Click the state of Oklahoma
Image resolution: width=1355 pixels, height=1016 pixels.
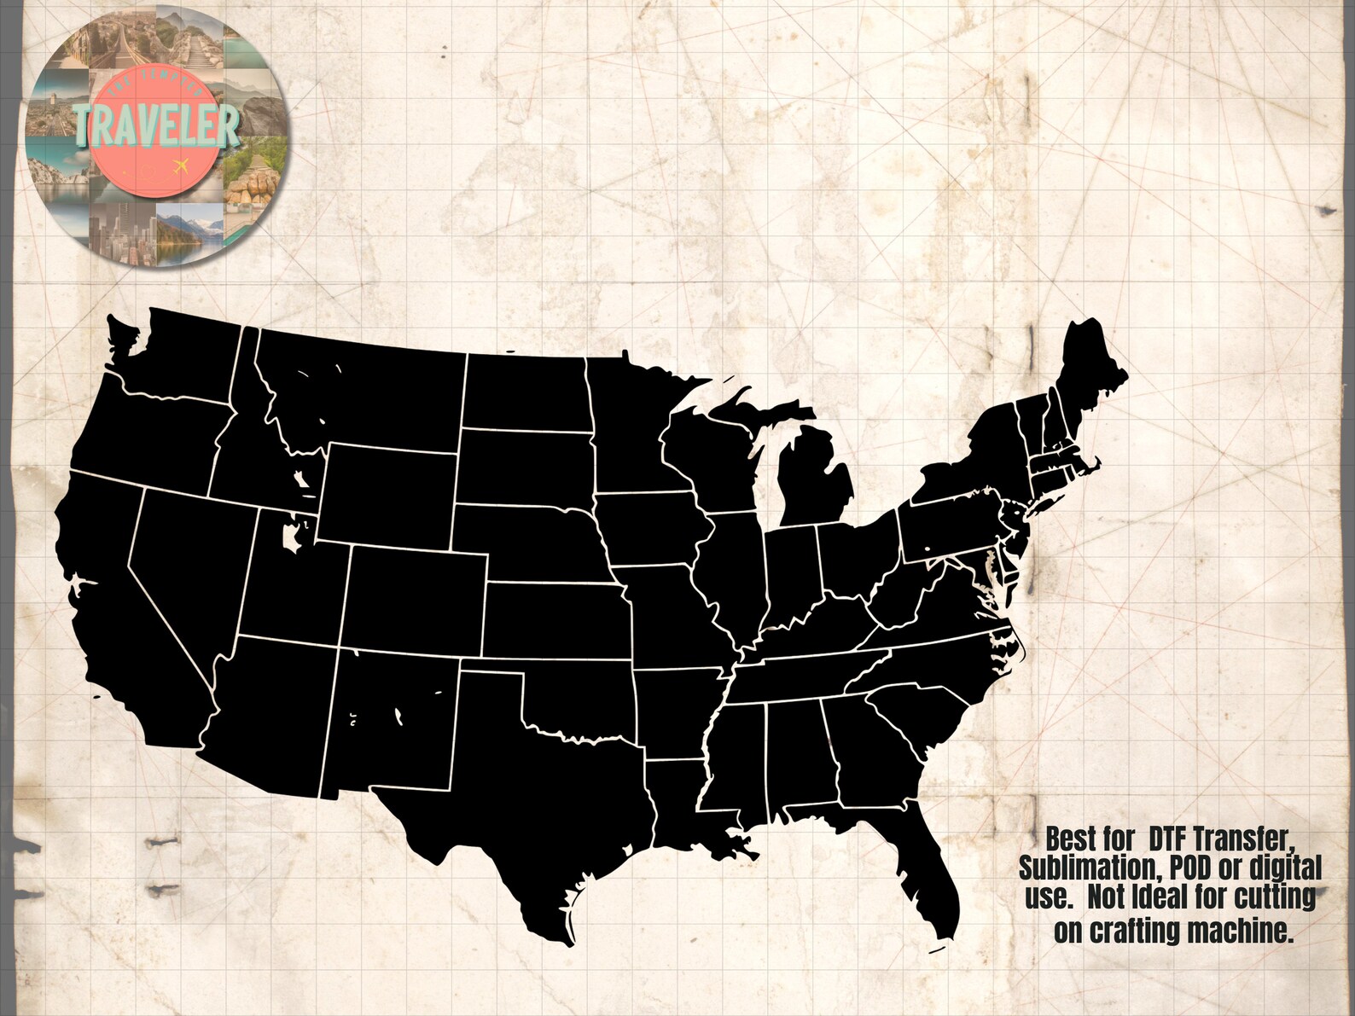(580, 695)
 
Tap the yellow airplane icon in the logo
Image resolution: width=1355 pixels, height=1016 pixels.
(179, 164)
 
